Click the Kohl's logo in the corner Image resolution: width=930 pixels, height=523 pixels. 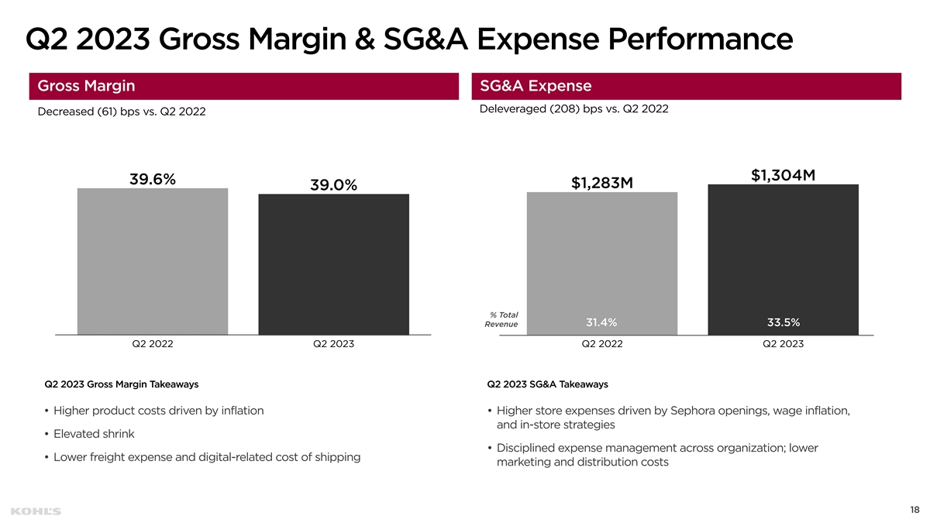(36, 511)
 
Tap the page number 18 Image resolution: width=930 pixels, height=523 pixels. (914, 510)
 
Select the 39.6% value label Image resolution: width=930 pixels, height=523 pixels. (153, 178)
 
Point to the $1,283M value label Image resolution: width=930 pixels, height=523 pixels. (602, 183)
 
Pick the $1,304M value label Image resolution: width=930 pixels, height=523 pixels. (784, 175)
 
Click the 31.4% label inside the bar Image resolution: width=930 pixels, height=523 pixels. (601, 322)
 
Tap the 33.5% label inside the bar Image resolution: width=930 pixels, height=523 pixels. (784, 322)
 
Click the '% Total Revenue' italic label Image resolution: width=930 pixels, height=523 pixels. (502, 319)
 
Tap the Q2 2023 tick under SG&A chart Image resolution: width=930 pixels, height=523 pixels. (784, 344)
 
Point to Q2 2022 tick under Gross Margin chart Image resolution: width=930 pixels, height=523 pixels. (153, 344)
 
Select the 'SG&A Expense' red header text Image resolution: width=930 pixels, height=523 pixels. (536, 86)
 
